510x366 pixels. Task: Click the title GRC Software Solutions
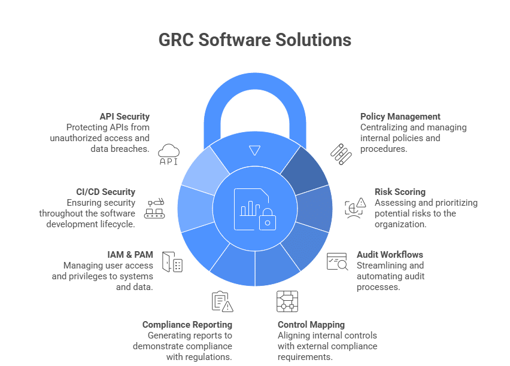click(254, 40)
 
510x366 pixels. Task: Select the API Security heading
click(125, 117)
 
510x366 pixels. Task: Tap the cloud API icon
click(169, 154)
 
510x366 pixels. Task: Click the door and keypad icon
click(172, 263)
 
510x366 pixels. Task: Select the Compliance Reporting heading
click(187, 325)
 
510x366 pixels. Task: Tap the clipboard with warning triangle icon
click(222, 301)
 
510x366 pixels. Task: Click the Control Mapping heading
click(311, 325)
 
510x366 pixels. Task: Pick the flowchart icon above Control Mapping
click(287, 301)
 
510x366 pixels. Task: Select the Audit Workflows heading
click(390, 254)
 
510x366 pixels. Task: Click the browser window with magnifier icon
click(337, 262)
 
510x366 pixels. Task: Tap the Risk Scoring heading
click(400, 192)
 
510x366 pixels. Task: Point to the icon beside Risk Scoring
click(355, 207)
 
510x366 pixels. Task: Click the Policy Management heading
click(400, 117)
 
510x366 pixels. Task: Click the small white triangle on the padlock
click(255, 151)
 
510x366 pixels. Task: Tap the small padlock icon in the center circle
click(267, 220)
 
